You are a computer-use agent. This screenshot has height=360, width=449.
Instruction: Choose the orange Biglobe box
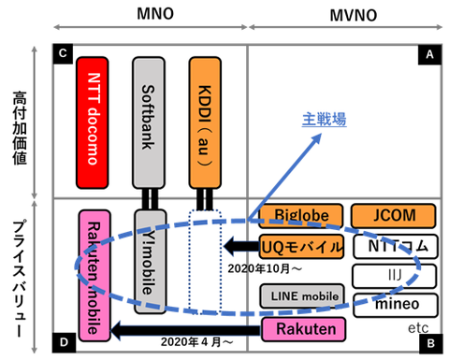pos(301,216)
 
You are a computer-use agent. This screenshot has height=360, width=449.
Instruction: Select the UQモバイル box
pos(301,247)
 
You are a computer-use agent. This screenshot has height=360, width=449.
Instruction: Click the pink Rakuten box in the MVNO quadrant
pos(301,328)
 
